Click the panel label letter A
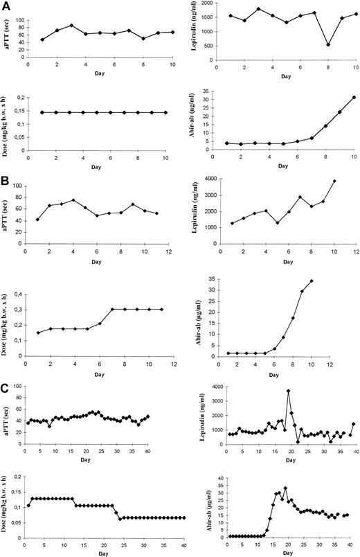(6, 6)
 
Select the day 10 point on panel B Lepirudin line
(334, 181)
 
